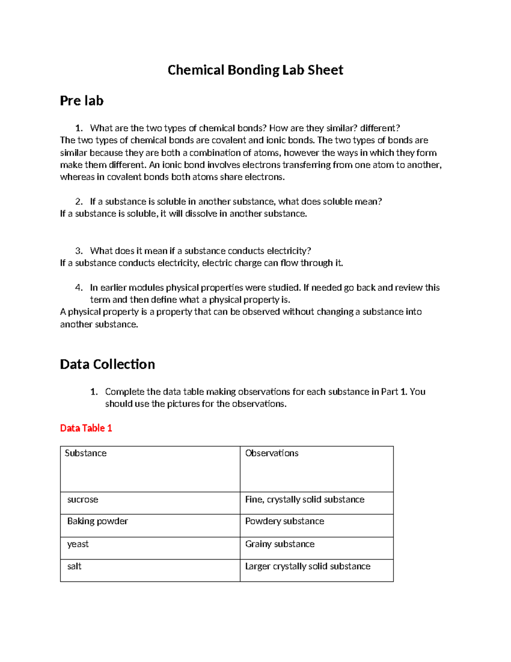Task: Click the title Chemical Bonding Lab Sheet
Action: pos(255,70)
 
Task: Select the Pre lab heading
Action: pos(81,101)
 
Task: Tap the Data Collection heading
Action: pos(107,364)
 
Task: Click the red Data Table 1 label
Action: pos(86,428)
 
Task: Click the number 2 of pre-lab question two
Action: pos(78,202)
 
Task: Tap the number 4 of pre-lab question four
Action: pos(78,288)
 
